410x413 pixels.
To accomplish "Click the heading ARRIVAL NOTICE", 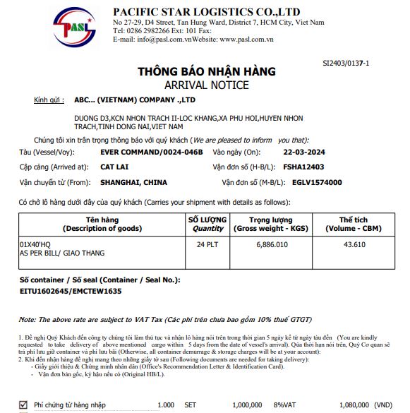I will [206, 85].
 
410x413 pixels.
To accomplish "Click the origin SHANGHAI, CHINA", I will [135, 182].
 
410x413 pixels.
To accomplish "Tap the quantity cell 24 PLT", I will [207, 244].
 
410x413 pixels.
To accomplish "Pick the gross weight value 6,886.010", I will [270, 244].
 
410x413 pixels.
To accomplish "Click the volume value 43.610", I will [354, 244].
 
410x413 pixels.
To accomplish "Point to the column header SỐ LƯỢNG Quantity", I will [207, 225].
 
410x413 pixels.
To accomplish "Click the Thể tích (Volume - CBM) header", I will [354, 225].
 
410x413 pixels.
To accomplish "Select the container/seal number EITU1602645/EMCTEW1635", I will [71, 290].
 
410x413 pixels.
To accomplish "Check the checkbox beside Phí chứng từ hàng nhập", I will [23, 405].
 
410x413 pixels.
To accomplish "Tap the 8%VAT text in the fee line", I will [286, 405].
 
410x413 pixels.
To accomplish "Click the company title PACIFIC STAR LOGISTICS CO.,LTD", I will [207, 11].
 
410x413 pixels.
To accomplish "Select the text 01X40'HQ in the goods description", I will [36, 244].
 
